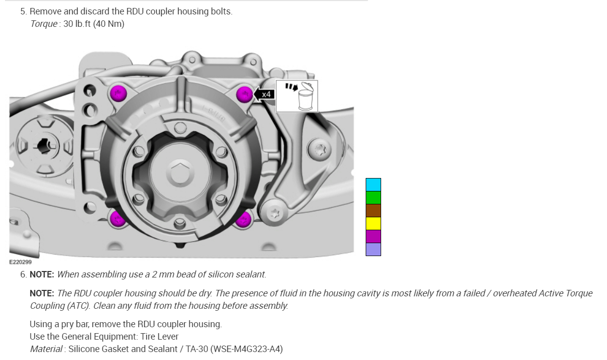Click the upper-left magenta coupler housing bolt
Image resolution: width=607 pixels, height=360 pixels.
pos(118,93)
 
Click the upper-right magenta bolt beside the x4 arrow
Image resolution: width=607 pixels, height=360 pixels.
pos(244,94)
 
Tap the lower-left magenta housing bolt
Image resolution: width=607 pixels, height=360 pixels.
pos(117,218)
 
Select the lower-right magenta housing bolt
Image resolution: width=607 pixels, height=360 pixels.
pos(243,219)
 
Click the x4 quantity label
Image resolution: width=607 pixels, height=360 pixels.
pos(266,94)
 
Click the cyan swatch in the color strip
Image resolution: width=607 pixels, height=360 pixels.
pos(373,185)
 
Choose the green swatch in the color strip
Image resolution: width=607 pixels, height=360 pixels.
pos(373,198)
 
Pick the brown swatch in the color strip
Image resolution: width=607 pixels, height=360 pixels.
pos(373,211)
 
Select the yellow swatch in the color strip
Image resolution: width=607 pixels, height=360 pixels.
pos(373,224)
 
